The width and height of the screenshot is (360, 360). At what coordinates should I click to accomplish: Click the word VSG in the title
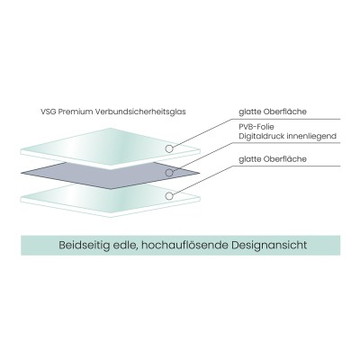tap(49, 112)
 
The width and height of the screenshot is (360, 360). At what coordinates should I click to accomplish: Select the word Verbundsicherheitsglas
tap(140, 112)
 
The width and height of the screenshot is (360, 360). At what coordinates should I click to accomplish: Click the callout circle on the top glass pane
tap(169, 148)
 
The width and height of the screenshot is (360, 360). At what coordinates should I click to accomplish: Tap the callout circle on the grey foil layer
tap(169, 173)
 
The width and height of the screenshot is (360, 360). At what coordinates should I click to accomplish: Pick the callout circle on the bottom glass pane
tap(169, 196)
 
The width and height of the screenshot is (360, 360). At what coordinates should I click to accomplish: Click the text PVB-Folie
tap(256, 127)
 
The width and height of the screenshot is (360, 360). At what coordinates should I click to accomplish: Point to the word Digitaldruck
tap(262, 136)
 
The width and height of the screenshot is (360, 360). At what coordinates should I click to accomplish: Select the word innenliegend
tap(311, 136)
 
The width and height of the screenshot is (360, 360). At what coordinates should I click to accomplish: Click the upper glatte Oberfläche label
tap(273, 112)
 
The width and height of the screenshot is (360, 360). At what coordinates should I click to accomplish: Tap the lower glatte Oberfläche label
tap(273, 159)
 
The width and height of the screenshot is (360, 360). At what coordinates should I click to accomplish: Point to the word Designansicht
tap(269, 245)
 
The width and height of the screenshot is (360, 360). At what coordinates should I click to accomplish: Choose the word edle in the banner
tap(122, 245)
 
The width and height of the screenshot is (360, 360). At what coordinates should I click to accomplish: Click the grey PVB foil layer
tap(111, 175)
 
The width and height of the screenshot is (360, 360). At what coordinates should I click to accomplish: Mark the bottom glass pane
tap(110, 200)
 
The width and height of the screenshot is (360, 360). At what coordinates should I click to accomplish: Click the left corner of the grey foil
tap(22, 173)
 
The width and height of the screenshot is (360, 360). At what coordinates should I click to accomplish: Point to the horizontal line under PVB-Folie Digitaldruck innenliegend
tap(286, 142)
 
